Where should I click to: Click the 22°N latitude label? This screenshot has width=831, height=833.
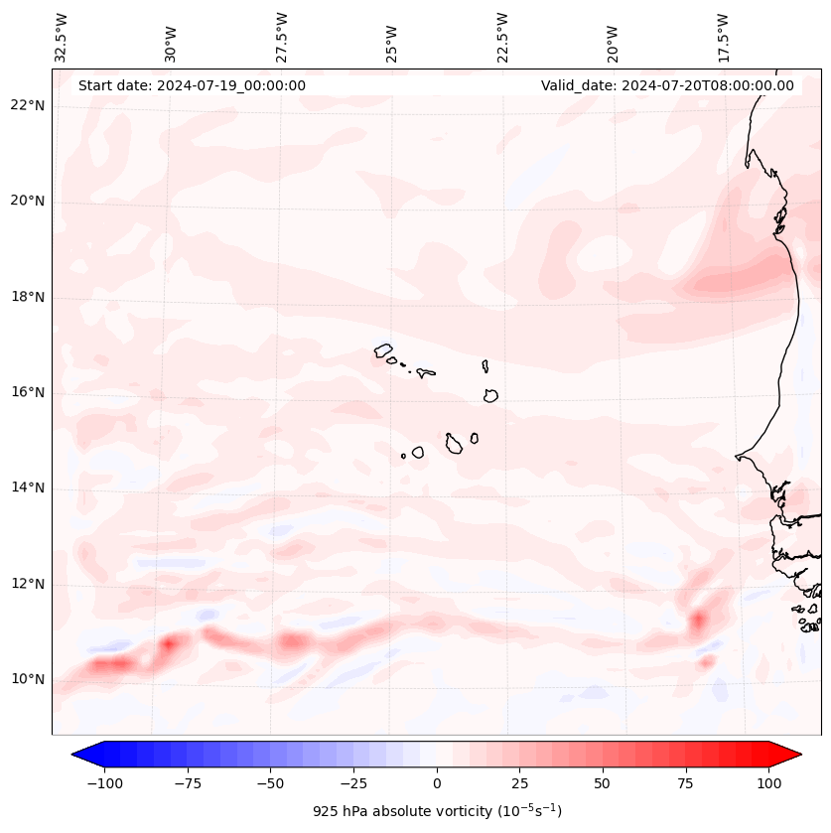pyautogui.click(x=27, y=106)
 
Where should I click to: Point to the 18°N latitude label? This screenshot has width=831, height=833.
pyautogui.click(x=27, y=297)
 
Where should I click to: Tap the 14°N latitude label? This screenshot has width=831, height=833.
pyautogui.click(x=27, y=487)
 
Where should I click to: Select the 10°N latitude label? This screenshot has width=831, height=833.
pyautogui.click(x=27, y=679)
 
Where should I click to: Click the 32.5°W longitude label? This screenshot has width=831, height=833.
pyautogui.click(x=62, y=37)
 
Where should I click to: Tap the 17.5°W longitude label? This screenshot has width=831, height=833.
pyautogui.click(x=724, y=37)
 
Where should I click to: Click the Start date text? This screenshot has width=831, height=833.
pyautogui.click(x=192, y=85)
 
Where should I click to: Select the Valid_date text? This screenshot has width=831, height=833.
pyautogui.click(x=667, y=85)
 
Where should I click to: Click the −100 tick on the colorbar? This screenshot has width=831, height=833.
pyautogui.click(x=104, y=782)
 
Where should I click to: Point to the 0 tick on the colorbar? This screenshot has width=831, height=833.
pyautogui.click(x=437, y=782)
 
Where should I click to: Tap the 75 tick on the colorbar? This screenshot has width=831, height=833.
pyautogui.click(x=686, y=782)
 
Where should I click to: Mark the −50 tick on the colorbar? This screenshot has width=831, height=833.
pyautogui.click(x=270, y=782)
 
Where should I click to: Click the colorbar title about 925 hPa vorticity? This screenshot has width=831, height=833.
pyautogui.click(x=437, y=811)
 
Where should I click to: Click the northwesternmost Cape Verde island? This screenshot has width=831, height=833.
pyautogui.click(x=383, y=349)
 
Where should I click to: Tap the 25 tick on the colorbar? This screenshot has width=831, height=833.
pyautogui.click(x=519, y=782)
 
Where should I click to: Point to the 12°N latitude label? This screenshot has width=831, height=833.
pyautogui.click(x=27, y=584)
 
